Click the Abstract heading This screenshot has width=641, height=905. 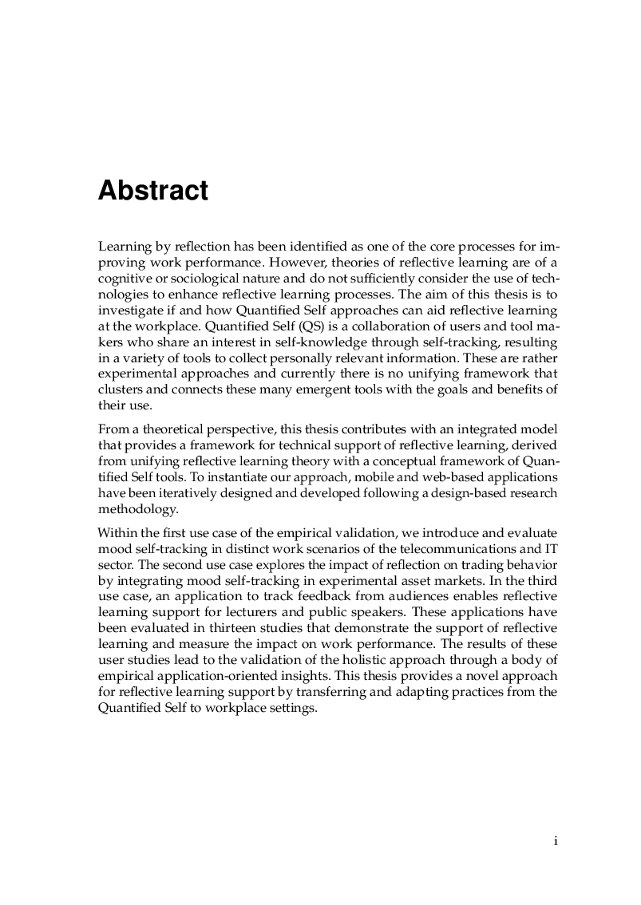pyautogui.click(x=152, y=191)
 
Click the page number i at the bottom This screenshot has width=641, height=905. pyautogui.click(x=555, y=840)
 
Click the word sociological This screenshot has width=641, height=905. pyautogui.click(x=210, y=277)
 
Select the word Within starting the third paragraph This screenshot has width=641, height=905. pyautogui.click(x=115, y=532)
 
